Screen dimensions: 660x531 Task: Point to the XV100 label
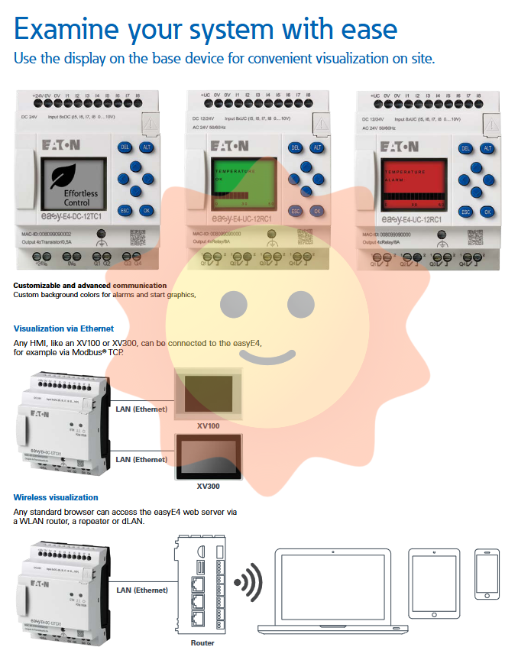point(208,425)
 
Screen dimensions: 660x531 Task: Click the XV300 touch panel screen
point(208,457)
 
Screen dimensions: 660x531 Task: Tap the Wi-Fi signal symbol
point(248,584)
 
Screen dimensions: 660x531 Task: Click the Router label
point(202,643)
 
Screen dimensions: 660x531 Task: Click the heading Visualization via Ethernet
point(63,328)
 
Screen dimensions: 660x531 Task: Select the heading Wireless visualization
point(56,497)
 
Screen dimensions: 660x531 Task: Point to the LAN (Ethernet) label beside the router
point(141,590)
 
